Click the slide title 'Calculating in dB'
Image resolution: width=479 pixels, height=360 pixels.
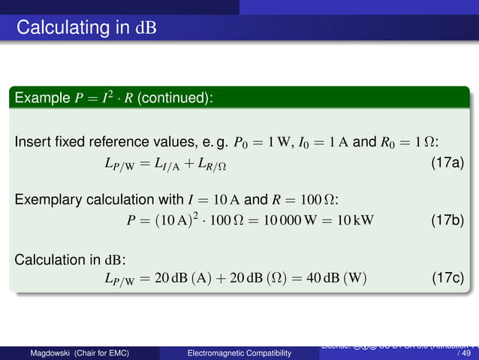(86, 29)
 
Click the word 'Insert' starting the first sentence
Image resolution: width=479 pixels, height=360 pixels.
(31, 143)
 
